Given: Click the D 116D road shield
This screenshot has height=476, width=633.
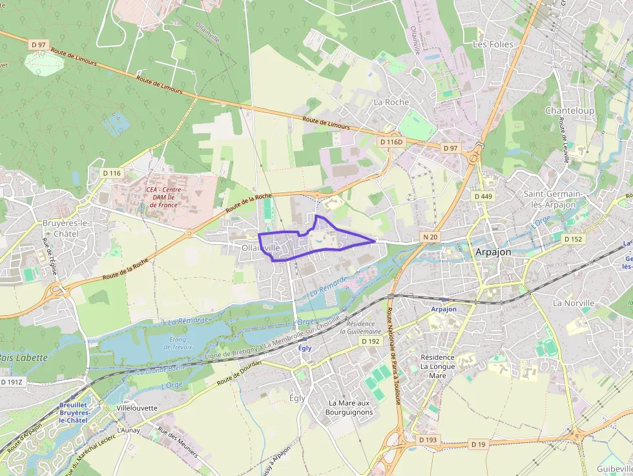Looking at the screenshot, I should (x=391, y=141).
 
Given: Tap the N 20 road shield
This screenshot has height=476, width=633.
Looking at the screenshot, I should (x=431, y=237).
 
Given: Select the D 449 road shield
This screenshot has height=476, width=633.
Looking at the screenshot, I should (x=483, y=196).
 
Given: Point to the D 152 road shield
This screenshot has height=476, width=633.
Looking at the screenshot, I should (x=573, y=239).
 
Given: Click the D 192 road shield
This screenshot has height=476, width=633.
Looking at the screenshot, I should (x=371, y=341).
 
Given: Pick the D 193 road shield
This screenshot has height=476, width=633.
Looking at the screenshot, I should (x=428, y=440).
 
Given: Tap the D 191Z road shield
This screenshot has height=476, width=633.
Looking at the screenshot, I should (x=12, y=382).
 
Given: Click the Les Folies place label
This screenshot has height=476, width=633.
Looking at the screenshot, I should (x=493, y=45).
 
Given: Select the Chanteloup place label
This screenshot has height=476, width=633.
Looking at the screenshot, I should (x=569, y=110).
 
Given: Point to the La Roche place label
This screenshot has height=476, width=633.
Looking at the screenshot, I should (x=391, y=102).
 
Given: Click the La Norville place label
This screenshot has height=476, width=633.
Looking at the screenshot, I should (x=572, y=303).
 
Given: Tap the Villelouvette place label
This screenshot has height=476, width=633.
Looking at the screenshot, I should (x=137, y=408).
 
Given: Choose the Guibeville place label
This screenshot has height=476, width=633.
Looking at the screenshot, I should (x=614, y=468).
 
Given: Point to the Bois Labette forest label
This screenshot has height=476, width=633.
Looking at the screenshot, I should (x=24, y=357).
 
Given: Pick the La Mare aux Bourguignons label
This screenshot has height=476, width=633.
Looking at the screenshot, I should (x=349, y=408).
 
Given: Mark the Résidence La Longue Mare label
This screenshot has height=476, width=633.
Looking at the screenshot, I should (x=437, y=366).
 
